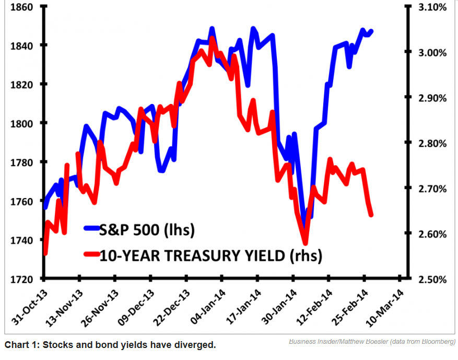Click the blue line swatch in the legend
pyautogui.click(x=97, y=228)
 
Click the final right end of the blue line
pyautogui.click(x=371, y=31)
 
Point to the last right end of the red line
pyautogui.click(x=371, y=214)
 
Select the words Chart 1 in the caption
pyautogui.click(x=20, y=345)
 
